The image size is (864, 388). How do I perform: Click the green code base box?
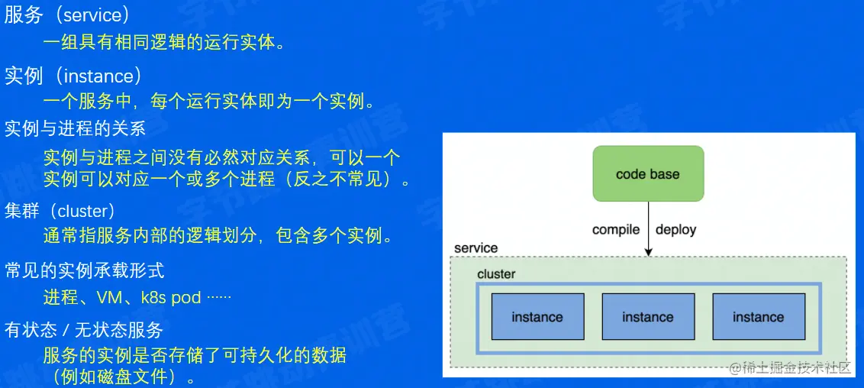(647, 174)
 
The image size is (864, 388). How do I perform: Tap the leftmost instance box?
(537, 317)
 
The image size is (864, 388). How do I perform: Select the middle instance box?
(648, 317)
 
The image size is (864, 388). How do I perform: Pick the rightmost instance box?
(758, 317)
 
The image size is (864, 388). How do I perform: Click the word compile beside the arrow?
(616, 230)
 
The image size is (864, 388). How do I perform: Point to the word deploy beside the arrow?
(675, 230)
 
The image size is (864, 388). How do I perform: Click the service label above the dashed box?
(476, 248)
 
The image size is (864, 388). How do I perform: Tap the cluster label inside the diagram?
(496, 274)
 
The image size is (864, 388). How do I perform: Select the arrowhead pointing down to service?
(648, 251)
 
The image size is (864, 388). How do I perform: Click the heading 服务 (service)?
(67, 15)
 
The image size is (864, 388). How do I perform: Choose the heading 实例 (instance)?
(73, 76)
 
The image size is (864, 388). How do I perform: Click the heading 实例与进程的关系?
(75, 128)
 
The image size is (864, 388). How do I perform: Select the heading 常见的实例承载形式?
(84, 270)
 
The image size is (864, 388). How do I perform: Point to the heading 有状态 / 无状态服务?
(84, 330)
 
